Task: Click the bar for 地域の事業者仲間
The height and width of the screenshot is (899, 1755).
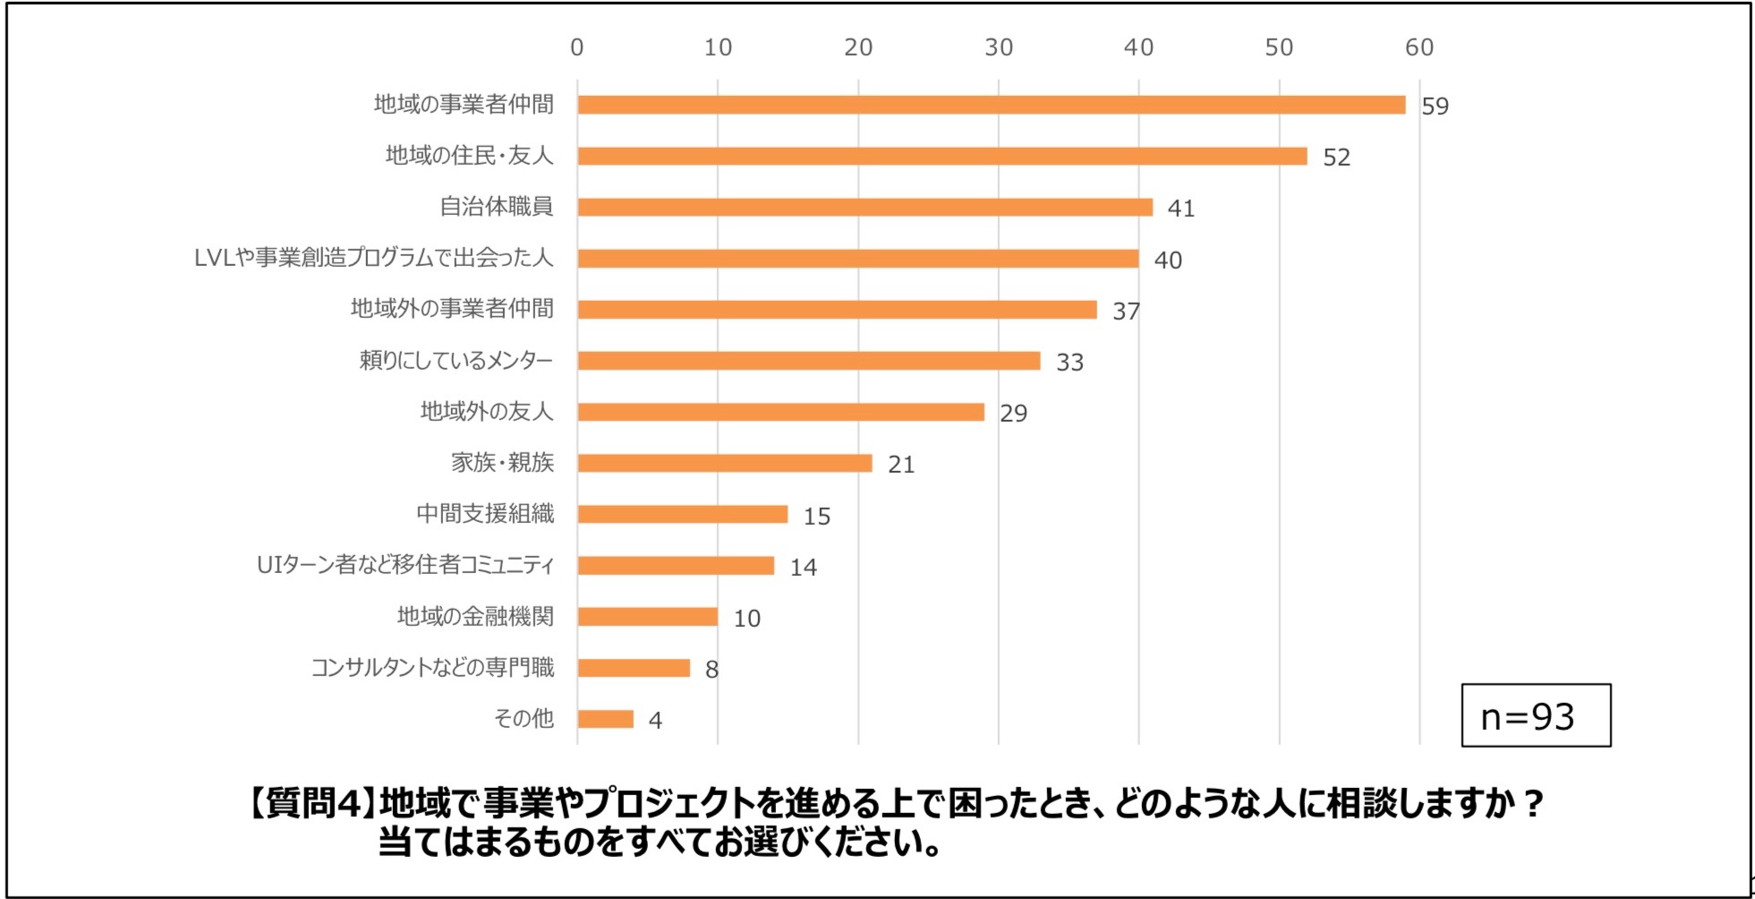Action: click(x=991, y=105)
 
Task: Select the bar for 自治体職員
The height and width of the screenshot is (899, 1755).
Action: click(x=865, y=207)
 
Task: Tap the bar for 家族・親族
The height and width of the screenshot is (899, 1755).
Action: click(x=724, y=463)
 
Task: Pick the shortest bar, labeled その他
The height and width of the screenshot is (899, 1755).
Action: click(x=605, y=719)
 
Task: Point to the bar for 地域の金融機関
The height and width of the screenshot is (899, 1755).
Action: click(x=647, y=617)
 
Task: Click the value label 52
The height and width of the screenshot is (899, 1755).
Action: click(x=1336, y=158)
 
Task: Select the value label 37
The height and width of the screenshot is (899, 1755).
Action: click(x=1126, y=312)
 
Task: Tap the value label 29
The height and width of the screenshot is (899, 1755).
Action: click(x=1013, y=414)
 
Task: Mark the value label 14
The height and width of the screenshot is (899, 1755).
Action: click(x=803, y=568)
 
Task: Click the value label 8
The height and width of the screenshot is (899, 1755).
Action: click(x=711, y=670)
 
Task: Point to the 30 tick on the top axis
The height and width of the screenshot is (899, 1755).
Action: click(x=999, y=47)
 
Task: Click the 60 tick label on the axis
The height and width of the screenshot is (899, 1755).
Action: click(x=1419, y=47)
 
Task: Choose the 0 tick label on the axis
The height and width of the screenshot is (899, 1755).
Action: click(x=577, y=47)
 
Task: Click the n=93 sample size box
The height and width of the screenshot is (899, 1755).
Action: click(x=1535, y=715)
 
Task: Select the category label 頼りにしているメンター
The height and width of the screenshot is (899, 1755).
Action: click(x=456, y=360)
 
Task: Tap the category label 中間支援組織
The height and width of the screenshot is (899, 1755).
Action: click(x=485, y=513)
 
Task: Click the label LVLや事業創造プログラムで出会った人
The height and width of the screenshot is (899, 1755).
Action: click(x=373, y=258)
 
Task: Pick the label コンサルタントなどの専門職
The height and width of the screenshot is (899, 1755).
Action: click(x=432, y=667)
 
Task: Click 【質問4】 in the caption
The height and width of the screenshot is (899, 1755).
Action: click(x=309, y=803)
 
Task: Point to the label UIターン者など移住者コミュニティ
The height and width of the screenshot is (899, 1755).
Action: click(x=405, y=565)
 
